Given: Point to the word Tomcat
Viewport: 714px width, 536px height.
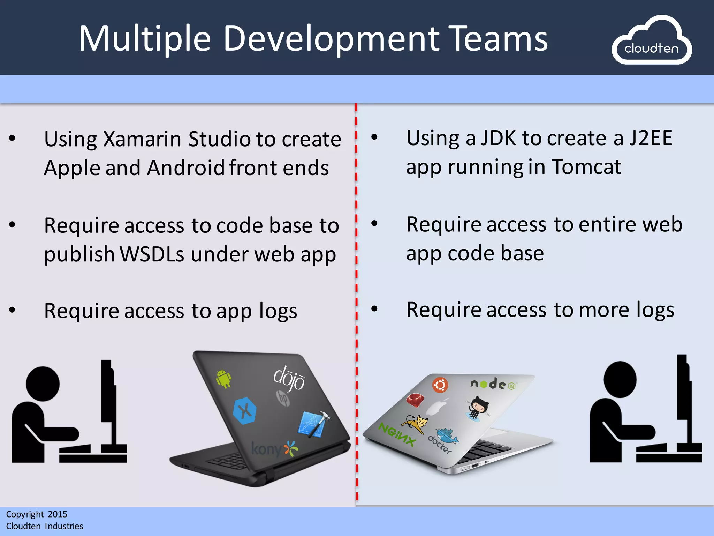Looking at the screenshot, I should click(x=586, y=167).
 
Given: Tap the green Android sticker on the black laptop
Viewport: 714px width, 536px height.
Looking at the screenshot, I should click(x=223, y=379).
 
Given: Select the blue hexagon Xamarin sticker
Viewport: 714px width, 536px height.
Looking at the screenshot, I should click(x=245, y=411).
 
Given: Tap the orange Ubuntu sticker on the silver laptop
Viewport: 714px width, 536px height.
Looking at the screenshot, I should click(x=440, y=385).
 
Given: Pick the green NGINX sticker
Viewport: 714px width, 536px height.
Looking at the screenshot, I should click(x=397, y=434).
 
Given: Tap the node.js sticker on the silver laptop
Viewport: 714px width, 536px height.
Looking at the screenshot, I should click(x=493, y=385).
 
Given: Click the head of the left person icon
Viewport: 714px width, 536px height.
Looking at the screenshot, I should click(x=43, y=384).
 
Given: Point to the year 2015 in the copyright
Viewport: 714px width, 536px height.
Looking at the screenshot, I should click(x=58, y=514).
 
